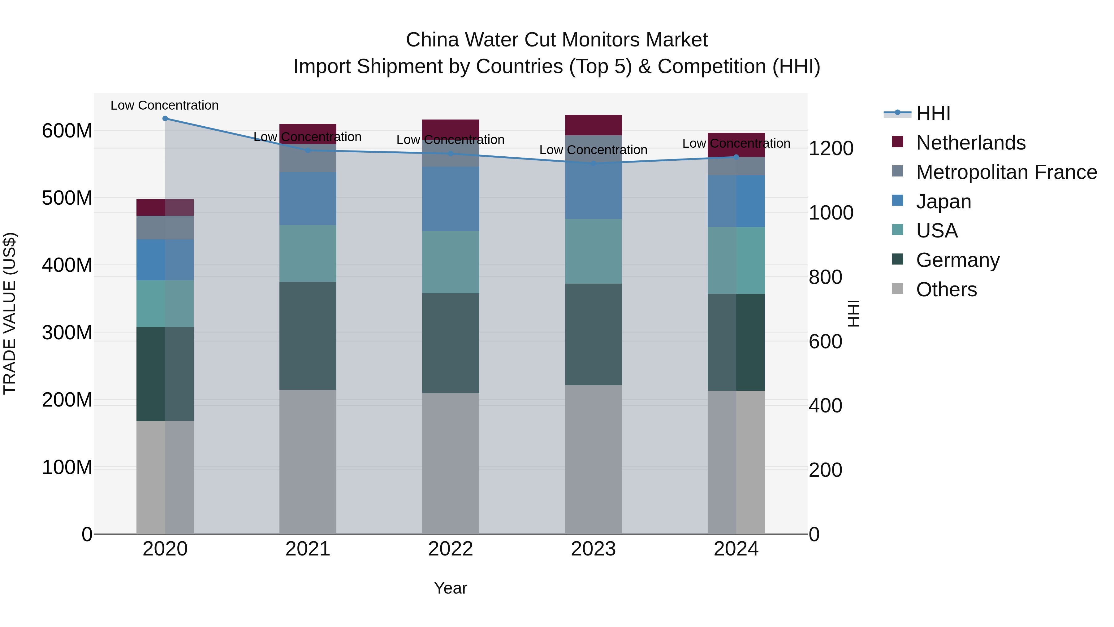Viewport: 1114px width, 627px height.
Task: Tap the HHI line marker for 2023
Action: (593, 163)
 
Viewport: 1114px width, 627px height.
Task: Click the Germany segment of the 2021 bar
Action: (308, 336)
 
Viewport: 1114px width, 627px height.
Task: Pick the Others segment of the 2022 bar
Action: (451, 463)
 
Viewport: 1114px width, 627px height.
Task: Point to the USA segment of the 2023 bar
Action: (593, 251)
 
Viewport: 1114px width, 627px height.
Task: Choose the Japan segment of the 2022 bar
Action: (451, 198)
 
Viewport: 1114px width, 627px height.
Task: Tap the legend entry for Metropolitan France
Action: (1006, 172)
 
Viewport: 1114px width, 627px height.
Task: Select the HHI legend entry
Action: (933, 113)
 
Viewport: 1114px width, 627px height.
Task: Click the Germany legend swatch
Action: (898, 259)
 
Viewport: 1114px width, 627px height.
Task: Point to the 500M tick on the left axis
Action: (67, 198)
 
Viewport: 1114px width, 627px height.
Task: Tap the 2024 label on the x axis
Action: (736, 549)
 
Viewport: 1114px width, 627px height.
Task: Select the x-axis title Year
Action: (451, 588)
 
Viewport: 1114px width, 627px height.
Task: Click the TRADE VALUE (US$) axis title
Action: (10, 313)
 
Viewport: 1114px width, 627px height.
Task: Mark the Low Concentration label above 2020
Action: (165, 105)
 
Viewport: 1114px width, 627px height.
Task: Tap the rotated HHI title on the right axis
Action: (853, 313)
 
